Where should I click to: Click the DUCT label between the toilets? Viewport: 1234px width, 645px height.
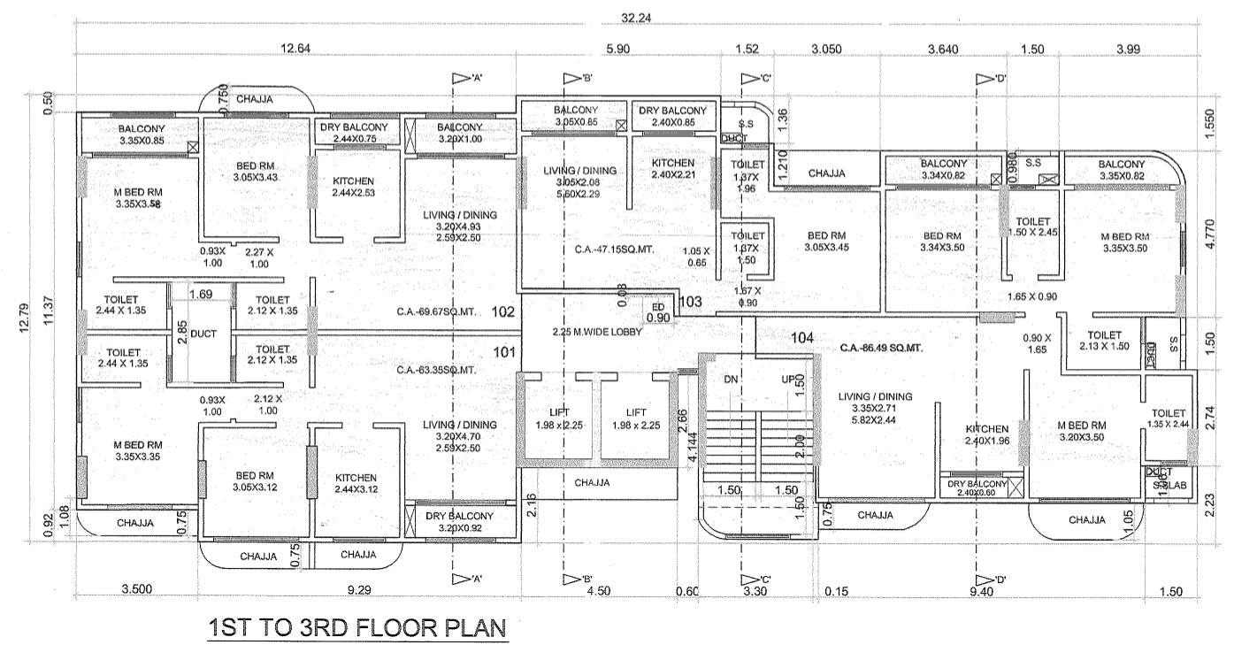(202, 336)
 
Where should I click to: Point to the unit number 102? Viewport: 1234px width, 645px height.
(502, 311)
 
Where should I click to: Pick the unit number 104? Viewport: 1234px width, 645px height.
(802, 337)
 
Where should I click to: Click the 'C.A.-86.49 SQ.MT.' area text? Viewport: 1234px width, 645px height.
(881, 349)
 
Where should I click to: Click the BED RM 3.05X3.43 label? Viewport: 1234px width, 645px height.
(234, 172)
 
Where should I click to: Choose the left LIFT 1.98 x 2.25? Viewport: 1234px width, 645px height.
(560, 419)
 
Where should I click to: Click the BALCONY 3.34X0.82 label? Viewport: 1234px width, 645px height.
(944, 170)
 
